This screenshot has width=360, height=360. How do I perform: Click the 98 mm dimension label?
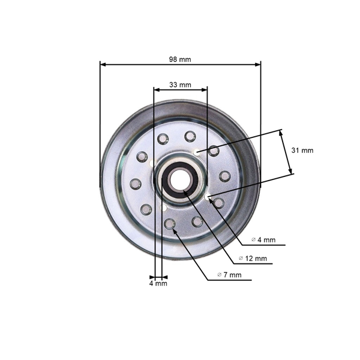[180, 59]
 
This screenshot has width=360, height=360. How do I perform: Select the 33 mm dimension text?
[180, 85]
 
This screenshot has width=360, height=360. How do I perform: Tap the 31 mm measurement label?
[302, 151]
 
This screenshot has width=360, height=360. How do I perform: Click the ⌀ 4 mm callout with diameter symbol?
[263, 239]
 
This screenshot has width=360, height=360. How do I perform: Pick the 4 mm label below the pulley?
[158, 283]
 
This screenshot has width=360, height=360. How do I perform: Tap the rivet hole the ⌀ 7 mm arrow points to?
[170, 224]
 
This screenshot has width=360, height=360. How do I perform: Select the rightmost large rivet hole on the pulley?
[225, 176]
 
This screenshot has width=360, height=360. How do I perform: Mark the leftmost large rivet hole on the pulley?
[136, 183]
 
